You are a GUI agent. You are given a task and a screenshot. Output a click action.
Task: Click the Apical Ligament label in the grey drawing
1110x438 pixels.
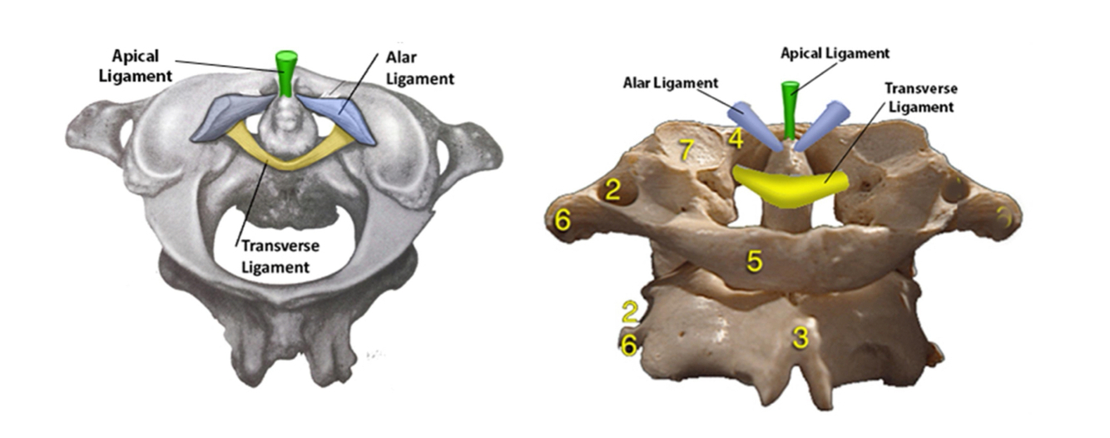click(x=141, y=67)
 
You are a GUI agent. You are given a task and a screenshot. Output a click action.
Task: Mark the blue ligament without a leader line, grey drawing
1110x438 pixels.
click(x=230, y=117)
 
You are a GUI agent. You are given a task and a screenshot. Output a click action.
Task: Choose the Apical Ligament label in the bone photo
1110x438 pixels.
click(x=835, y=53)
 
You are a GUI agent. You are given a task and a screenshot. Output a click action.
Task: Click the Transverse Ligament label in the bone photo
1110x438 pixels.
click(x=919, y=97)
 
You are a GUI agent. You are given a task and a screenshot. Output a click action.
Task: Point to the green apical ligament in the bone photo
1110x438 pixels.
click(x=789, y=108)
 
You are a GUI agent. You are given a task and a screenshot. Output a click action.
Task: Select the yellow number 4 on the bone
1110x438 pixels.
click(x=736, y=138)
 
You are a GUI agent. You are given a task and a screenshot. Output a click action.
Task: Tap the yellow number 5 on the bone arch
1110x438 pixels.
click(x=754, y=261)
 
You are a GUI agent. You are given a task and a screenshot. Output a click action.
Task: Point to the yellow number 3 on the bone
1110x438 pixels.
click(x=800, y=337)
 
